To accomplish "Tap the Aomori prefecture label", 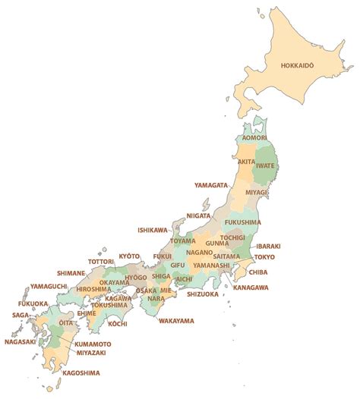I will tap(254, 139).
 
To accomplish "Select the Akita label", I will tap(246, 162).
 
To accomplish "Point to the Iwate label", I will tap(265, 165).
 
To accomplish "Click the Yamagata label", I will tap(210, 185).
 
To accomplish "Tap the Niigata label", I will tap(198, 215).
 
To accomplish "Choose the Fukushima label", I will tap(243, 222).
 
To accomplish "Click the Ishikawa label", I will tap(152, 230).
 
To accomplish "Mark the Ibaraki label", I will tap(269, 247).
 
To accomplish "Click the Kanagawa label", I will tap(251, 288).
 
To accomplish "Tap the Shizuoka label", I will tap(202, 294).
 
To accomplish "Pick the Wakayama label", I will tap(176, 321).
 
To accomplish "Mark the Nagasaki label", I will tap(21, 341).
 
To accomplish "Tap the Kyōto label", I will tap(130, 256).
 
